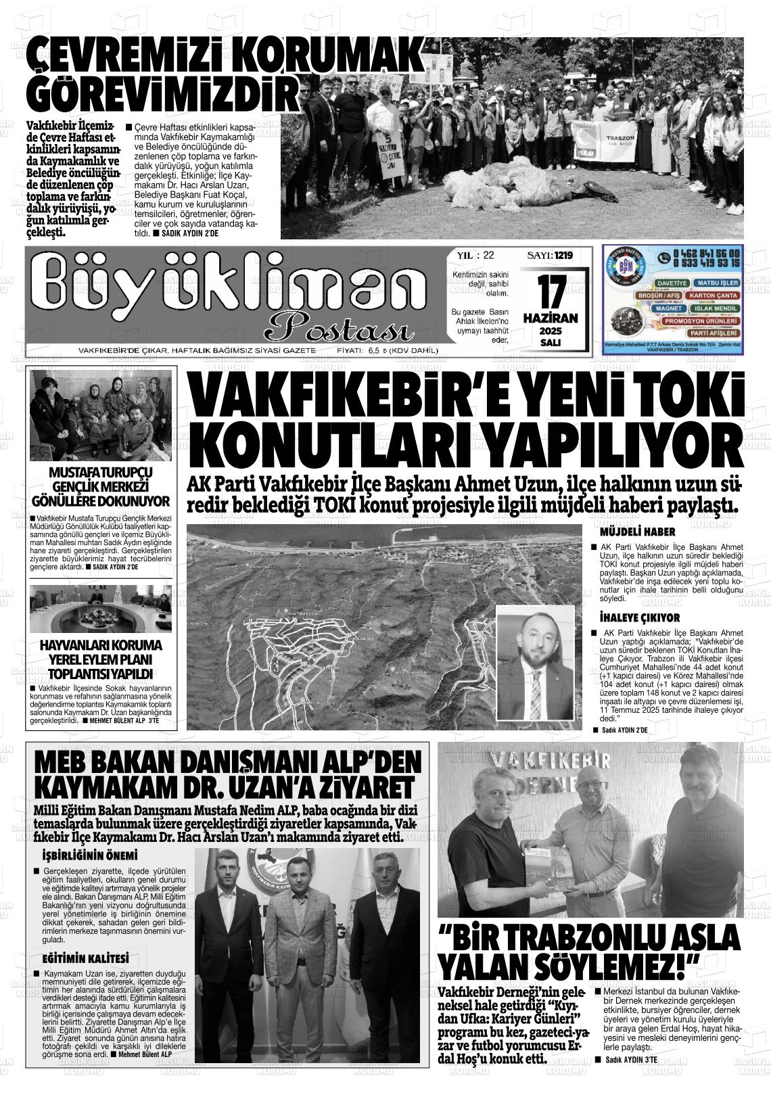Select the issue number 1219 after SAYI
coord(563,256)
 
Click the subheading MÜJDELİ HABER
coord(628,532)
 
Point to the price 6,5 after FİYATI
coord(375,350)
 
